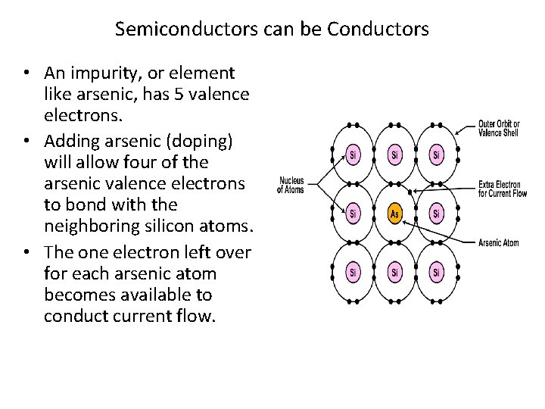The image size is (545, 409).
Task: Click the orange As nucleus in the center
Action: [x=394, y=214]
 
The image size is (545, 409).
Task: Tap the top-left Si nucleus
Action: [x=353, y=156]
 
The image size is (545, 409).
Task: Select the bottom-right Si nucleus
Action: [x=436, y=271]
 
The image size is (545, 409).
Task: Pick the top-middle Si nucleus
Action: [x=394, y=156]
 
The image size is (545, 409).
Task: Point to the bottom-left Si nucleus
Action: [x=353, y=271]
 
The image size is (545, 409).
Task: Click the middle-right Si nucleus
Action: [x=436, y=214]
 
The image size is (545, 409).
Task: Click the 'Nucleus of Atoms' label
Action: [x=291, y=185]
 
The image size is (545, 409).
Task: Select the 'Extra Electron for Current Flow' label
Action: [x=502, y=189]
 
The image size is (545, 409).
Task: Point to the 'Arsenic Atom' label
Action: [x=498, y=243]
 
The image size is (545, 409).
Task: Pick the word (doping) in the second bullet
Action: [x=199, y=141]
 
